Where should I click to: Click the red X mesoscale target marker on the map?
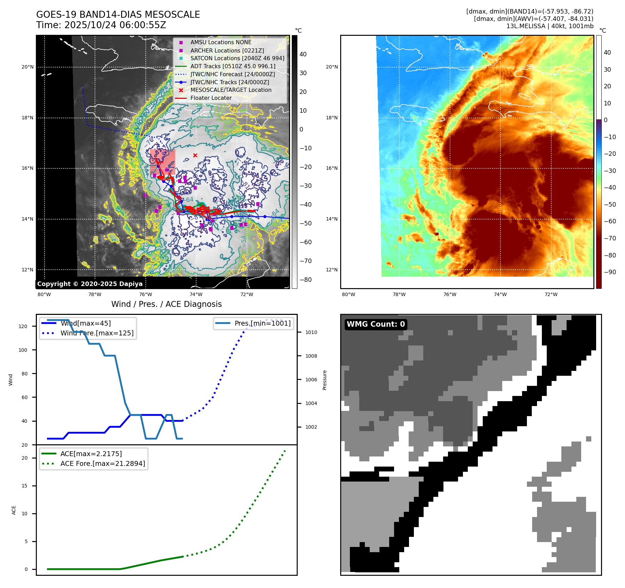pos(195,156)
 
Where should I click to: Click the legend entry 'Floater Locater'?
pos(211,98)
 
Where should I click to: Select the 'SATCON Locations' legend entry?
pos(237,58)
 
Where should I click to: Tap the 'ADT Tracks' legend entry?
pos(233,66)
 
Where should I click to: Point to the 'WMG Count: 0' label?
pos(376,324)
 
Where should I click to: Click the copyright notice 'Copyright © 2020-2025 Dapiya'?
pos(90,284)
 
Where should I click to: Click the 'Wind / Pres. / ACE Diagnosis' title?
pos(166,304)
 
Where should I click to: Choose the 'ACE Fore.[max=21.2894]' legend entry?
pos(103,463)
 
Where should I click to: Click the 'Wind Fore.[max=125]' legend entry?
pos(97,333)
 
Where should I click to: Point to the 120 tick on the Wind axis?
pos(23,326)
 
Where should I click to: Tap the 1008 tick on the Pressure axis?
pos(311,356)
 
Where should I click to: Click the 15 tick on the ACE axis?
pos(24,486)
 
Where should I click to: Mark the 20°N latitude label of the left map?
pos(27,67)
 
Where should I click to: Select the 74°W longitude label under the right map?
pos(500,294)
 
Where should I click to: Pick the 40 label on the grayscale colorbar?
pos(303,54)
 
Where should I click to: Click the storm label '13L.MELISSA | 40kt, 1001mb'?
pos(550,26)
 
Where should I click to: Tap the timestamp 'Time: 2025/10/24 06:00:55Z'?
pos(101,25)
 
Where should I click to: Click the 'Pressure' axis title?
pos(324,380)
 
